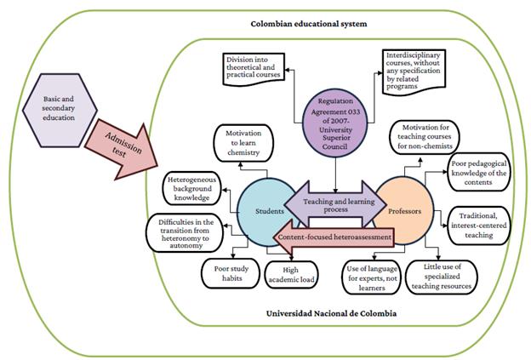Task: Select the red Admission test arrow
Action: pos(127,146)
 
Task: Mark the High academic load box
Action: pos(289,275)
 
